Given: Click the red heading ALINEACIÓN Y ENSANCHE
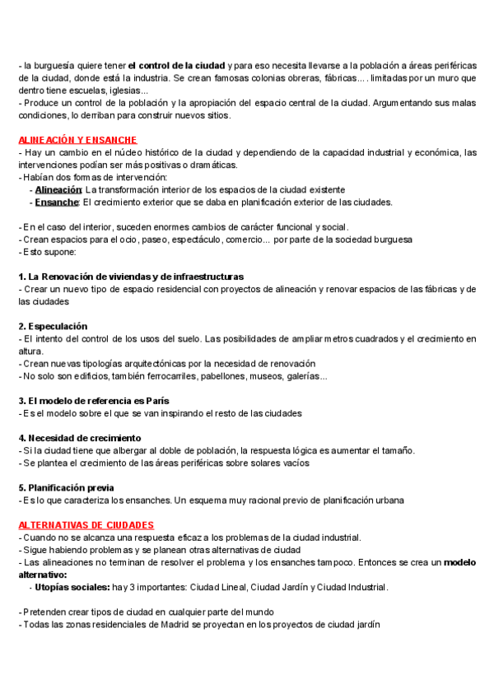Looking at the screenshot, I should (77, 140).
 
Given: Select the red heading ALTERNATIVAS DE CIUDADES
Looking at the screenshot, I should (86, 524).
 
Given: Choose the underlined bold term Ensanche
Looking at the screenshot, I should (56, 202).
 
